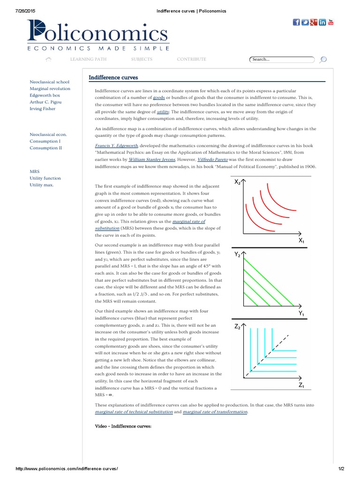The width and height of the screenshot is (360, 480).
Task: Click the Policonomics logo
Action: (x=97, y=36)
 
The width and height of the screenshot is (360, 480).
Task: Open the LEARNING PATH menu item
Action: (x=88, y=60)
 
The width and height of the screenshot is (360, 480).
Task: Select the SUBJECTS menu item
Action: (x=142, y=60)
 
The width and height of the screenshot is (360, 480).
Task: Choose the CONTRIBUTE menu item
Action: (x=191, y=60)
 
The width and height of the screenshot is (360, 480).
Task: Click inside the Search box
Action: (x=281, y=60)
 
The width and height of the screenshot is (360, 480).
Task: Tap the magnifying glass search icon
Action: (x=323, y=60)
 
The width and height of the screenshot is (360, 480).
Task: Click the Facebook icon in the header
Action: (x=296, y=22)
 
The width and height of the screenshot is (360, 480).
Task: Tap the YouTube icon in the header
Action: (x=330, y=22)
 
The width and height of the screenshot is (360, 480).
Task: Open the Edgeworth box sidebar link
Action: (x=45, y=95)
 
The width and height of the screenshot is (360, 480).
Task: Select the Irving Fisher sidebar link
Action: (x=42, y=109)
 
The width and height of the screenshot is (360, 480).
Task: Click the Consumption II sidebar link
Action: (x=45, y=148)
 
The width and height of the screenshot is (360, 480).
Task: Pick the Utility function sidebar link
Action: (x=45, y=178)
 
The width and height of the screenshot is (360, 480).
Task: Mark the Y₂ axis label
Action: (x=238, y=255)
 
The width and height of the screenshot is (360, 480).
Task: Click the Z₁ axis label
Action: (x=302, y=385)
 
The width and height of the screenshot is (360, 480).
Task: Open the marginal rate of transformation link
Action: (x=215, y=412)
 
